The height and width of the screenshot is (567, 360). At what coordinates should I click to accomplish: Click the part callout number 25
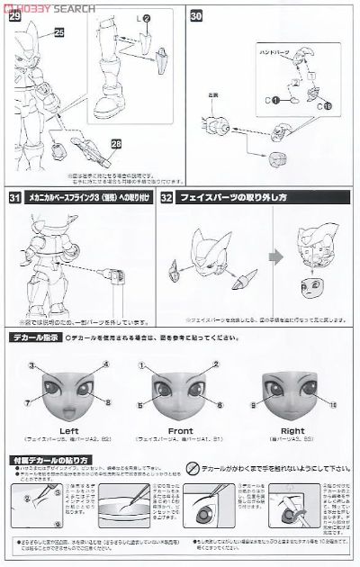59,33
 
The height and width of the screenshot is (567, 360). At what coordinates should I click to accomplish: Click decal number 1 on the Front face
142,364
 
